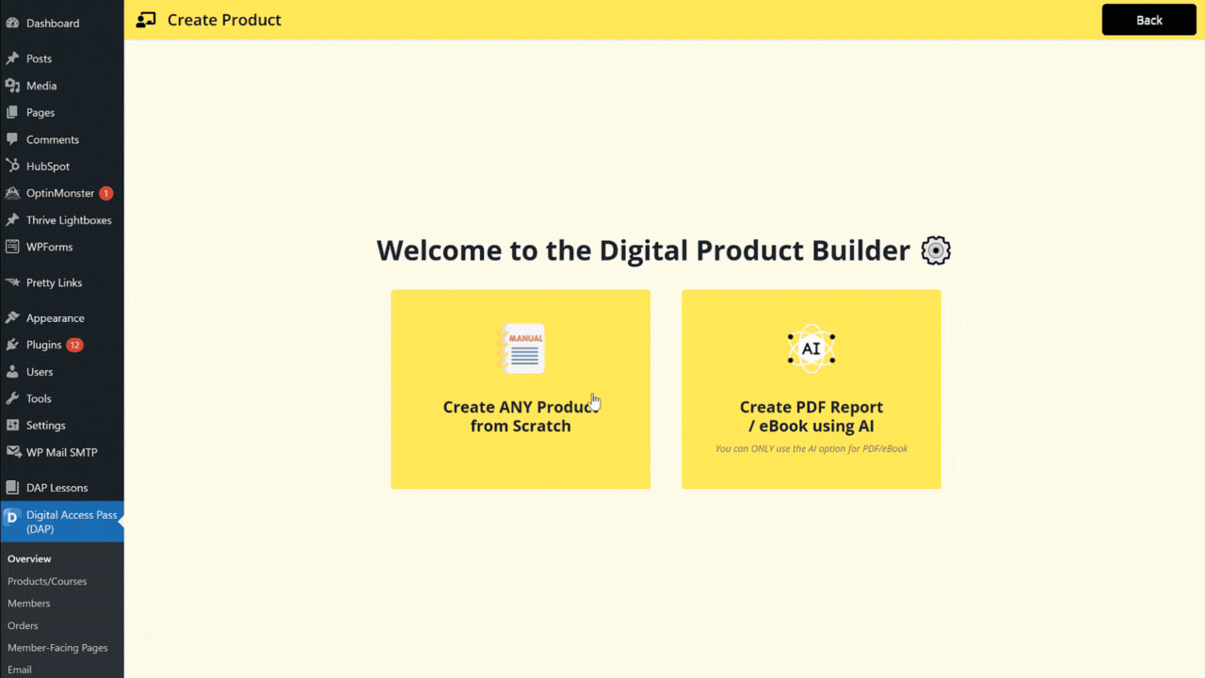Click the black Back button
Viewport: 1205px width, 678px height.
(1149, 20)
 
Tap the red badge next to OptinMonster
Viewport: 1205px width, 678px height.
(106, 193)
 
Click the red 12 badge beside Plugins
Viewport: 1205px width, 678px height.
(74, 345)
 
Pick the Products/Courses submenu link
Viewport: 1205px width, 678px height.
(47, 581)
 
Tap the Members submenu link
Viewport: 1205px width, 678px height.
(28, 604)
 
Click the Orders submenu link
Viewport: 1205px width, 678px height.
(23, 625)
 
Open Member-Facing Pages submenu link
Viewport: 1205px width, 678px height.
(57, 648)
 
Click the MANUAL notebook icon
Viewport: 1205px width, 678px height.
(521, 348)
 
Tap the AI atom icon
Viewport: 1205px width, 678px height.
(811, 348)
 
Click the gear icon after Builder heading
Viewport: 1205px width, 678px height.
(936, 250)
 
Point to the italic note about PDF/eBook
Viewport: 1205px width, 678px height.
(811, 449)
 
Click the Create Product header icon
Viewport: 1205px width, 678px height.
(146, 20)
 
